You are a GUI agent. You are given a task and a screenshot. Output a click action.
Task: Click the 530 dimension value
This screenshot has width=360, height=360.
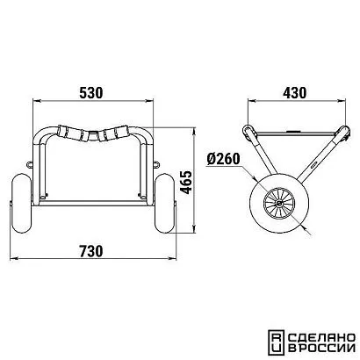[91, 93]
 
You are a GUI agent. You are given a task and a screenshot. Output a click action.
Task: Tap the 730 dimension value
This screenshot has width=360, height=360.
[91, 251]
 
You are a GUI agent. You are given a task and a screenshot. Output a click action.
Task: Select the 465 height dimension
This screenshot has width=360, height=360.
[186, 182]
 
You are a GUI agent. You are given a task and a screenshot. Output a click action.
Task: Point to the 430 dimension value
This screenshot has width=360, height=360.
[295, 93]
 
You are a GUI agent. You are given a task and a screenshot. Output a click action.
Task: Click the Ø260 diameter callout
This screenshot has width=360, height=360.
[224, 159]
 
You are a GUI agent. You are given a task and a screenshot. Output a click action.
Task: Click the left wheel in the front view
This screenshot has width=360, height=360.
[21, 203]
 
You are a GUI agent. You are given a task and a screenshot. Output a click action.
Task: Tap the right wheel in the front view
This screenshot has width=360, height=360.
[164, 203]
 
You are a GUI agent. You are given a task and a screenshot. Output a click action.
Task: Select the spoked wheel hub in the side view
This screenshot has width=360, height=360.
[278, 203]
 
